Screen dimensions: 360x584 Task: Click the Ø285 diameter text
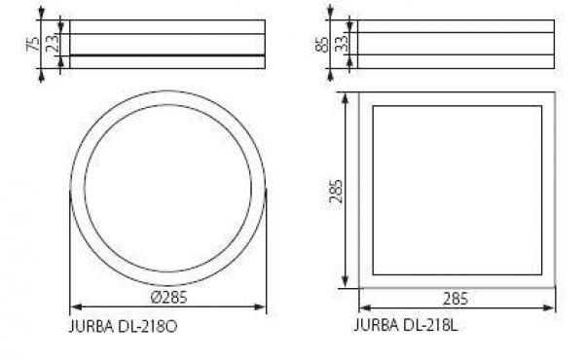point(167,297)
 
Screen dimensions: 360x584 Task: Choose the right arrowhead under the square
point(552,307)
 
